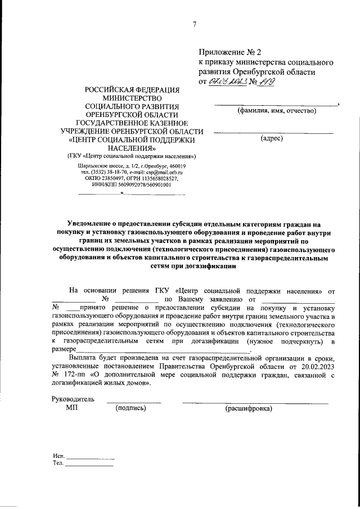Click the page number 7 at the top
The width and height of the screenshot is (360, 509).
194,24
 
